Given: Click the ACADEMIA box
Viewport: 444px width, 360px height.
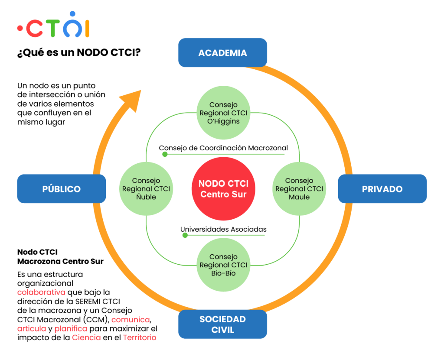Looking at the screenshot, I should click(x=222, y=53).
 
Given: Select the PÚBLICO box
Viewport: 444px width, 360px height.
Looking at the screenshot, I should click(x=62, y=189).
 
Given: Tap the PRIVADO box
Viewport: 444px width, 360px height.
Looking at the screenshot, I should click(x=382, y=189).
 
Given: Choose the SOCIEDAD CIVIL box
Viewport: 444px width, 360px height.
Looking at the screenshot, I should click(x=222, y=324).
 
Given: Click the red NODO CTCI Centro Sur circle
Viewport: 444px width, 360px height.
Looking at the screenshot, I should click(x=223, y=189).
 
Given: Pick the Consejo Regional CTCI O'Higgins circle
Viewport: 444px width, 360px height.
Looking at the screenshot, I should click(x=223, y=113).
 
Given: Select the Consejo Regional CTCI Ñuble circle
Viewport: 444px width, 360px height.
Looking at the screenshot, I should click(x=146, y=189).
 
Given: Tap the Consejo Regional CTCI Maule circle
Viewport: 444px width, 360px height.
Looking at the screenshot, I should click(x=299, y=189).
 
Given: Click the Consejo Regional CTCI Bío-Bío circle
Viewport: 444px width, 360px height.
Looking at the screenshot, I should click(x=223, y=265).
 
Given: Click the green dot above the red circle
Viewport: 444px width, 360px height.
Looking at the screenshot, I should click(x=165, y=154).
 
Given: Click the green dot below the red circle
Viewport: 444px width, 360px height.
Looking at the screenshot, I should click(x=185, y=235).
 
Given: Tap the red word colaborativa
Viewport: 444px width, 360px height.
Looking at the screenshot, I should click(x=41, y=292).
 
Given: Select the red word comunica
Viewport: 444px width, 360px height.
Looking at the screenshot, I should click(x=131, y=320).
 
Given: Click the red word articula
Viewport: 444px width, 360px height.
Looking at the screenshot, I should click(x=32, y=329).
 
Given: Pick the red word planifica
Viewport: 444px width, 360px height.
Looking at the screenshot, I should click(x=71, y=329).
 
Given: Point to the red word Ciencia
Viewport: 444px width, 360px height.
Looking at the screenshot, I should click(x=86, y=337).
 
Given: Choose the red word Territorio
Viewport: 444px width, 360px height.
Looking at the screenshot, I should click(x=139, y=337).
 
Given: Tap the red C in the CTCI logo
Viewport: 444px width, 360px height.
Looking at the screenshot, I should click(x=35, y=29).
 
